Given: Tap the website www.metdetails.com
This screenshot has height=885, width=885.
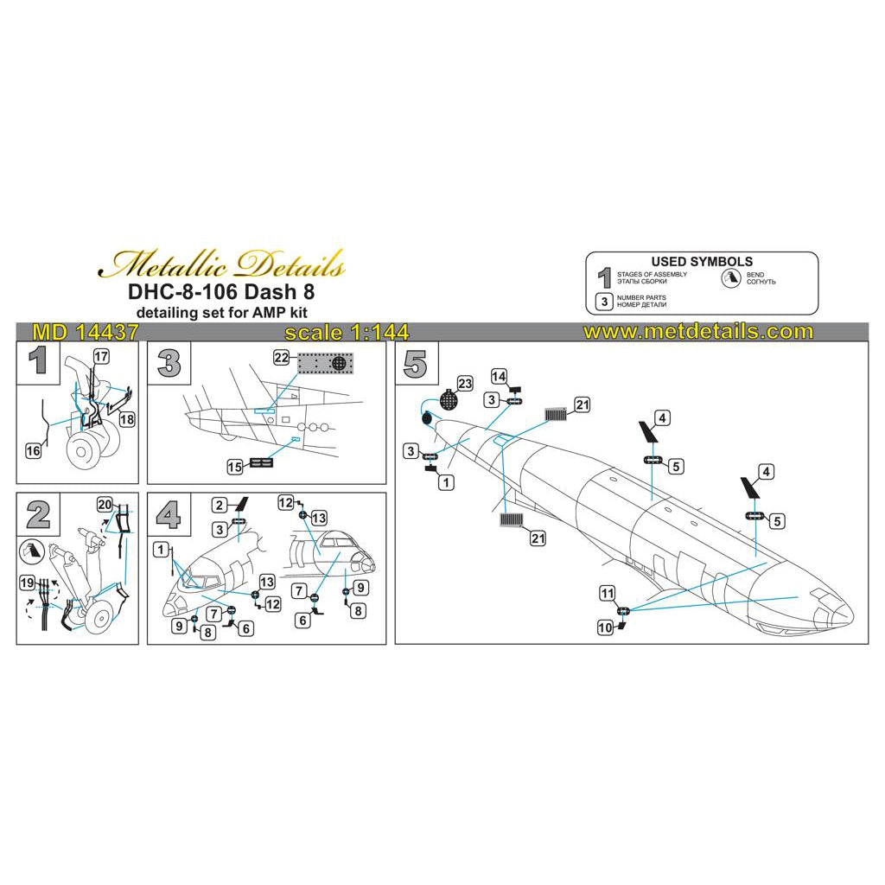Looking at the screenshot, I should click(x=698, y=332).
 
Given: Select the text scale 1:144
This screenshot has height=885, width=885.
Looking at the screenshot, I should click(x=346, y=333).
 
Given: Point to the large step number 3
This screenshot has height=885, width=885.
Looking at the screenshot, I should click(x=169, y=363).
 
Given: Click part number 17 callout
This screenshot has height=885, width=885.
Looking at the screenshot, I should click(x=100, y=356).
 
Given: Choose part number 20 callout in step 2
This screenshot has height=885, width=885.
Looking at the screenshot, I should click(x=105, y=504).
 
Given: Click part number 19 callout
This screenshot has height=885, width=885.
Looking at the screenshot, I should click(x=28, y=583).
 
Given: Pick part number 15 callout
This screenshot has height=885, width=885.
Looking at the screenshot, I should click(x=234, y=466).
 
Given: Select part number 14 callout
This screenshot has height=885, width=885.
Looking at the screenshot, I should click(x=499, y=377).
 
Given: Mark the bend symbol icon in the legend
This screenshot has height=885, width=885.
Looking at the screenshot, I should click(x=732, y=278).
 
